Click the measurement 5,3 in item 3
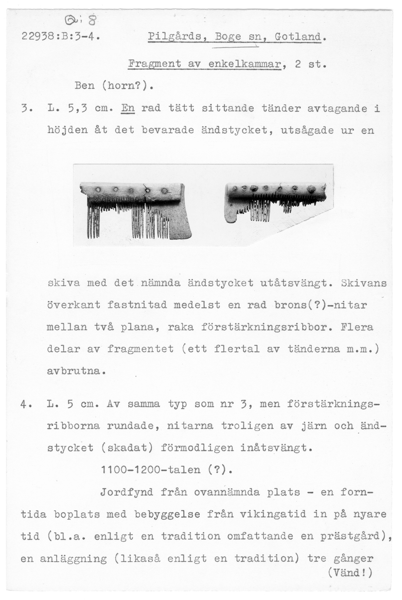click(x=78, y=109)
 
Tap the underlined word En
click(x=128, y=108)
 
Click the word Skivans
click(x=364, y=283)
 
